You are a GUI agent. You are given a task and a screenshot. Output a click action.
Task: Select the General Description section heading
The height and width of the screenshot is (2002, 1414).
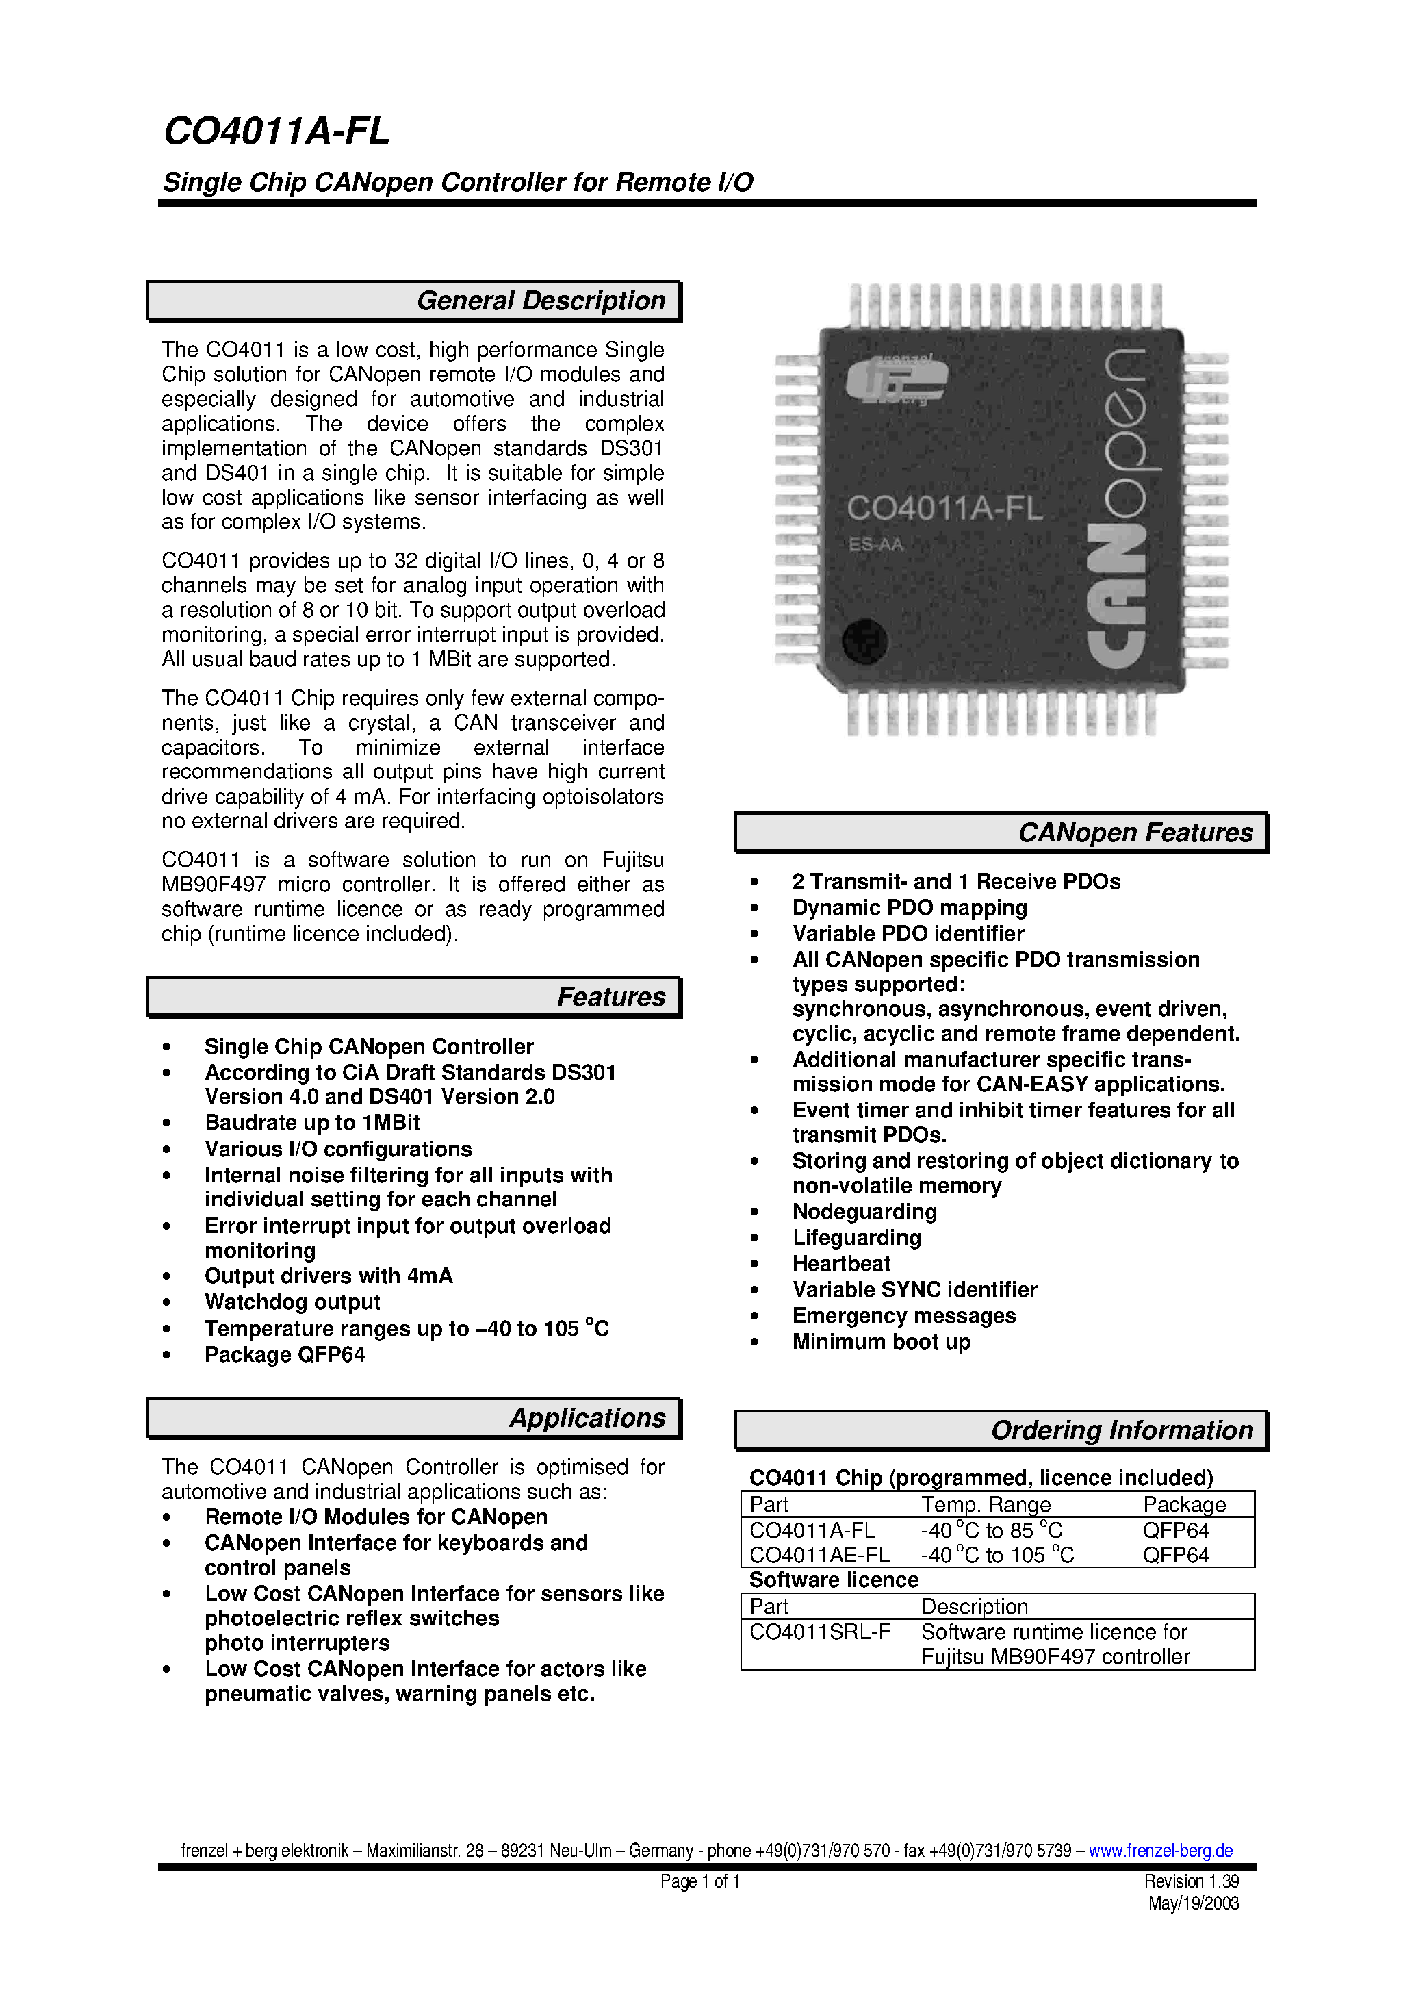[x=541, y=301]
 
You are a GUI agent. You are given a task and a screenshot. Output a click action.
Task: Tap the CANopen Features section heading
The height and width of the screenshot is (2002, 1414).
[x=1135, y=833]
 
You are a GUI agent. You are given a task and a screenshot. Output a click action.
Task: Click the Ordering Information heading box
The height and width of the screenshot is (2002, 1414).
[x=1121, y=1431]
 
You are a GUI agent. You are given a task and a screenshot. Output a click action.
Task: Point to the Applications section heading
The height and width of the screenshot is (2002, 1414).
[x=587, y=1419]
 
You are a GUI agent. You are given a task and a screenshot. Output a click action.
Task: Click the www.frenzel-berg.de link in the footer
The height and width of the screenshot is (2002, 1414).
[x=1159, y=1850]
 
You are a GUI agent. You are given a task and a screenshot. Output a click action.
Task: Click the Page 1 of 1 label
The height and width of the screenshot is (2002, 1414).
[x=699, y=1881]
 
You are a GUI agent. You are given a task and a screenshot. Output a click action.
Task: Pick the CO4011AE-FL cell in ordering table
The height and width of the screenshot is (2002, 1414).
[x=819, y=1556]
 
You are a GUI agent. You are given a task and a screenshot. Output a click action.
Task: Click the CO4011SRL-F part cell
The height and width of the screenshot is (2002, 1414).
[x=819, y=1632]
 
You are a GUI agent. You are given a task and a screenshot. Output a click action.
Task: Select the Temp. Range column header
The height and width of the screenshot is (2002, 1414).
[x=985, y=1505]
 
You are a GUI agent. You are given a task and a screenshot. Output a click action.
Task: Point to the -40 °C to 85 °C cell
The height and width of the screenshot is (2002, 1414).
[x=991, y=1531]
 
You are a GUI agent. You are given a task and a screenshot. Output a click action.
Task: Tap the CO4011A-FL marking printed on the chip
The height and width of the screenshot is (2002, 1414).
[x=944, y=508]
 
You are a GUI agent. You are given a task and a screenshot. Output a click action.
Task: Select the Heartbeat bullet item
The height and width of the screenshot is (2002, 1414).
[x=841, y=1265]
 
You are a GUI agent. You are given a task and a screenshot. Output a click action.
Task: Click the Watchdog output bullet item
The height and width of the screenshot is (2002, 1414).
[x=292, y=1303]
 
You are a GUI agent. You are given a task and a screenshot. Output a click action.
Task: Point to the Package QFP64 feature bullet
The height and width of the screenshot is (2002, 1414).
[x=284, y=1355]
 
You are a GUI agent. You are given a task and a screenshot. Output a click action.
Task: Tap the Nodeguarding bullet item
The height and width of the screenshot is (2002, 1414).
[x=864, y=1212]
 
